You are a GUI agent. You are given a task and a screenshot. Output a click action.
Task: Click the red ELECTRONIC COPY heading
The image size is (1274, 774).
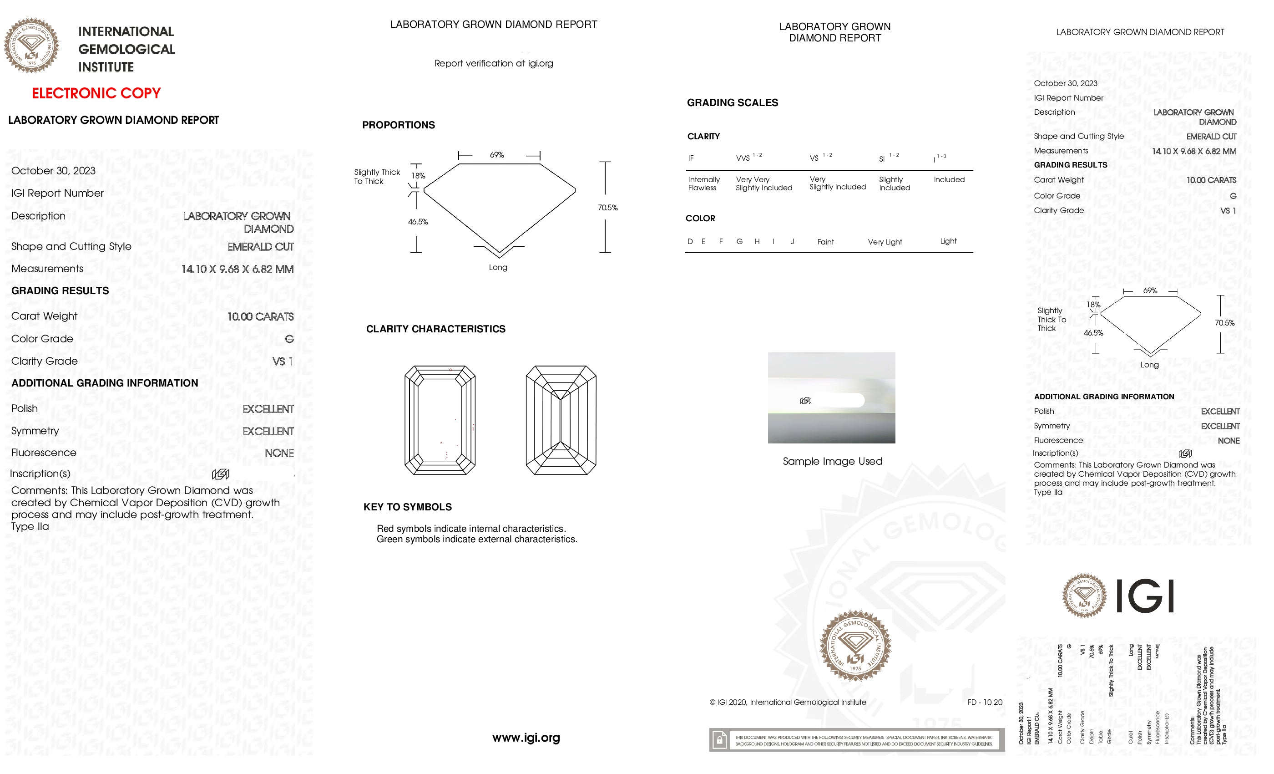(x=96, y=93)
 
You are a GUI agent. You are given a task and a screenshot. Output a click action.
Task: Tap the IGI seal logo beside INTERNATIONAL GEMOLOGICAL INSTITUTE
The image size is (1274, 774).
(x=31, y=46)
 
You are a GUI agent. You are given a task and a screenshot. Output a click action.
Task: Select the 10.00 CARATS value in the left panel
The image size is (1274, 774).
(x=260, y=316)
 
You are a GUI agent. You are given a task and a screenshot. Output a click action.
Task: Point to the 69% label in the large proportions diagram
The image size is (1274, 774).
(x=496, y=155)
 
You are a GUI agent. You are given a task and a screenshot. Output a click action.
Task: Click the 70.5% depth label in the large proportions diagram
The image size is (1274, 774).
(x=607, y=208)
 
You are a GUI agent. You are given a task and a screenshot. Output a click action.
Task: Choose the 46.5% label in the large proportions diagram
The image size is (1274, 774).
(x=418, y=222)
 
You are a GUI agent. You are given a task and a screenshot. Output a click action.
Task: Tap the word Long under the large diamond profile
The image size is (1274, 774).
(x=498, y=268)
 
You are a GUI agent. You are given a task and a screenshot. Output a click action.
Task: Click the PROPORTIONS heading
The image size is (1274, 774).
(x=398, y=125)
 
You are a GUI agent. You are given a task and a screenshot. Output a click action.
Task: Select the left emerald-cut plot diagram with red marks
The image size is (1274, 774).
(x=440, y=420)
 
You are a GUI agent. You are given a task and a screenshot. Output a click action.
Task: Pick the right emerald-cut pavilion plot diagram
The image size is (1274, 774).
(x=561, y=420)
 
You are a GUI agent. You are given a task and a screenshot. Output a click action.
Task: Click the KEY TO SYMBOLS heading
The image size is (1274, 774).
(x=407, y=507)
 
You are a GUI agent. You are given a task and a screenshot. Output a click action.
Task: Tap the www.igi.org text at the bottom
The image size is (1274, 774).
(x=526, y=738)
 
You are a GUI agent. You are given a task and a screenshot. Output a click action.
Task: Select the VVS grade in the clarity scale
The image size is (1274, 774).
(x=743, y=158)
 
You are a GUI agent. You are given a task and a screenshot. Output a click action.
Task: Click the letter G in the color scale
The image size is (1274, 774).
(x=739, y=242)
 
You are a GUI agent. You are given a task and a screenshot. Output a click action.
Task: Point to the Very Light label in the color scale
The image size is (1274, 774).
(x=885, y=242)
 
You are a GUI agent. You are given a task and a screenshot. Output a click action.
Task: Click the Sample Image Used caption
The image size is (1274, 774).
(x=832, y=462)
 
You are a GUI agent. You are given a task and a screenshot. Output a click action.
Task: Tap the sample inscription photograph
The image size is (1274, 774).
(x=831, y=397)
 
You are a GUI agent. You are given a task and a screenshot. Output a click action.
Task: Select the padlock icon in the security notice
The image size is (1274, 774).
(x=719, y=740)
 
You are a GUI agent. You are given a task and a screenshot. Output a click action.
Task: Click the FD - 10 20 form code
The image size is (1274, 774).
(x=985, y=702)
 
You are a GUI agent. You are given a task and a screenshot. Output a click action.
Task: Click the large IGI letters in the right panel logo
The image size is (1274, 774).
(x=1145, y=596)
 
